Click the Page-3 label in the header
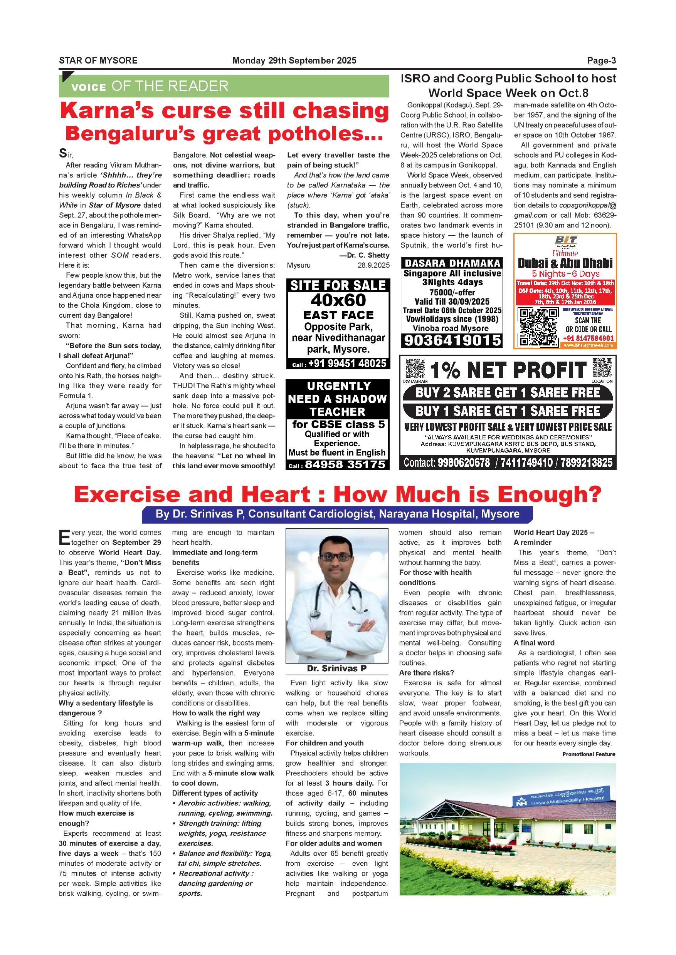pos(602,61)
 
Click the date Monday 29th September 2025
pos(294,61)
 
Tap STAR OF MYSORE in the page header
pos(98,61)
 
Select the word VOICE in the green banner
pos(89,87)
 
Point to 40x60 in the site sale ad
pos(338,300)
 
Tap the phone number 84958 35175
pos(345,464)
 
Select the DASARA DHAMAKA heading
pos(452,263)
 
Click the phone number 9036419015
pos(452,341)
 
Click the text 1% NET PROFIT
pos(508,370)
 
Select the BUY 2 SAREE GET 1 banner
pos(508,392)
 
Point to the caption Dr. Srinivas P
pos(337,668)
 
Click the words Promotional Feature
pos(588,754)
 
